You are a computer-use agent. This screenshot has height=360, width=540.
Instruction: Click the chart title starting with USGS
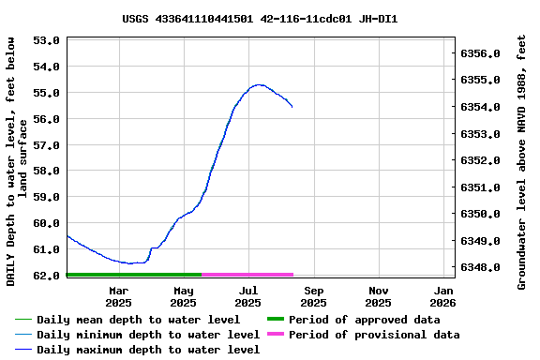click(260, 19)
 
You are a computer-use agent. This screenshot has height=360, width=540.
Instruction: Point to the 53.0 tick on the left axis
click(46, 40)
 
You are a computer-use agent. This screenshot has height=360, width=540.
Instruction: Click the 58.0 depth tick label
click(46, 171)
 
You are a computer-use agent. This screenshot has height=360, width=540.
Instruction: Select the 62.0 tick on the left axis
click(46, 276)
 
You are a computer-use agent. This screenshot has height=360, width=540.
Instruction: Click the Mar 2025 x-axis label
click(118, 296)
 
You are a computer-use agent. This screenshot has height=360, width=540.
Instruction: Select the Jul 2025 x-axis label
click(247, 296)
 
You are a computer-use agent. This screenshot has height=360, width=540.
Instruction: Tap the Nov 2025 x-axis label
click(378, 296)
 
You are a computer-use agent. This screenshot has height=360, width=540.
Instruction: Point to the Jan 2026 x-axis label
click(442, 296)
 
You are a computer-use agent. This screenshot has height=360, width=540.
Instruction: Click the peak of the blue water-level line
click(259, 84)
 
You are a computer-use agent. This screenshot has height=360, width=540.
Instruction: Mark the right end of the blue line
click(292, 107)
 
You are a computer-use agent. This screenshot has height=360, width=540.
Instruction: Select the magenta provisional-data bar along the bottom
click(247, 275)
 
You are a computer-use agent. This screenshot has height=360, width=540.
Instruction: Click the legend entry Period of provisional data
click(373, 335)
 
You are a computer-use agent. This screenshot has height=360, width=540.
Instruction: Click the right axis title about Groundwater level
click(522, 160)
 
